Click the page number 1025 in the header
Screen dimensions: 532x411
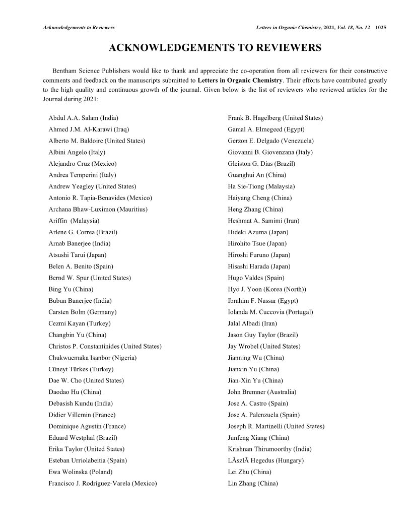pyautogui.click(x=381, y=27)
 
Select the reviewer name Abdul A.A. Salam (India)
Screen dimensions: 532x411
pyautogui.click(x=83, y=118)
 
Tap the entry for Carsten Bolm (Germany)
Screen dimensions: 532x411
pyautogui.click(x=83, y=312)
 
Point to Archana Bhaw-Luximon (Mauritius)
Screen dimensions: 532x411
pyautogui.click(x=98, y=209)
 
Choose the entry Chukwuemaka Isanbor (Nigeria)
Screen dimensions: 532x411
pyautogui.click(x=92, y=358)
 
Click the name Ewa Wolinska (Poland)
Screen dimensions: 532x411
pyautogui.click(x=80, y=472)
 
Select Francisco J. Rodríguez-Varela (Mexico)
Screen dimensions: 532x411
pyautogui.click(x=102, y=484)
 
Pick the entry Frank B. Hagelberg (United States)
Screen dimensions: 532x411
pyautogui.click(x=275, y=118)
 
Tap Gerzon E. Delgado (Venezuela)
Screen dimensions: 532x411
pyautogui.click(x=270, y=141)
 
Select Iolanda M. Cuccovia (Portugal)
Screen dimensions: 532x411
pyautogui.click(x=270, y=312)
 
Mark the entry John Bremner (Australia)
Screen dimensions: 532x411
pyautogui.click(x=262, y=392)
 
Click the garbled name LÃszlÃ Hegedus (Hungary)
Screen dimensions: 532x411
pyautogui.click(x=265, y=460)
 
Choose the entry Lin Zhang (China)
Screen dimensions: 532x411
pyautogui.click(x=253, y=484)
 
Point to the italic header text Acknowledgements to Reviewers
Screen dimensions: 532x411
pyautogui.click(x=78, y=27)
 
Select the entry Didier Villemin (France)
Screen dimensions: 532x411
pyautogui.click(x=82, y=415)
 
